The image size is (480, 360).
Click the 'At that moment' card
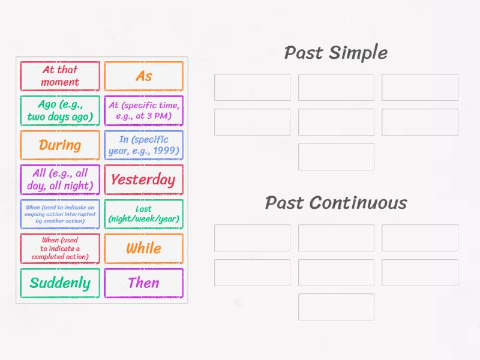click(59, 76)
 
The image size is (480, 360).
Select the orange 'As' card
click(143, 76)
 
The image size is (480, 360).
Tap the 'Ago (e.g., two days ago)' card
click(59, 111)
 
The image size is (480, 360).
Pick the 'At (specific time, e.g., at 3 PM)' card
click(143, 111)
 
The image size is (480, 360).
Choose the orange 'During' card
click(59, 145)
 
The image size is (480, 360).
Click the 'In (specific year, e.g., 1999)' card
click(143, 145)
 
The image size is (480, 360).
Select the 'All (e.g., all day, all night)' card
click(59, 180)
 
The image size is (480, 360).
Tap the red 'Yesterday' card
click(143, 180)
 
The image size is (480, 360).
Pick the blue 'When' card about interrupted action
click(59, 214)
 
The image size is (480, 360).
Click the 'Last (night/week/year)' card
click(143, 214)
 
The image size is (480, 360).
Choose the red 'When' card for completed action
click(59, 248)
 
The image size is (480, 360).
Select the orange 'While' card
click(143, 248)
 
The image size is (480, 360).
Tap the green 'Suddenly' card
click(59, 283)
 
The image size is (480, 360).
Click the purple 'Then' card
click(143, 283)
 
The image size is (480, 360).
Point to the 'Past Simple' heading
click(335, 53)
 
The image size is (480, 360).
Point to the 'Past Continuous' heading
click(335, 203)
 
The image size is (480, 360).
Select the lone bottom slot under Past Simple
click(336, 157)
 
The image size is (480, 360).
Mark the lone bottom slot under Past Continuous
click(336, 307)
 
